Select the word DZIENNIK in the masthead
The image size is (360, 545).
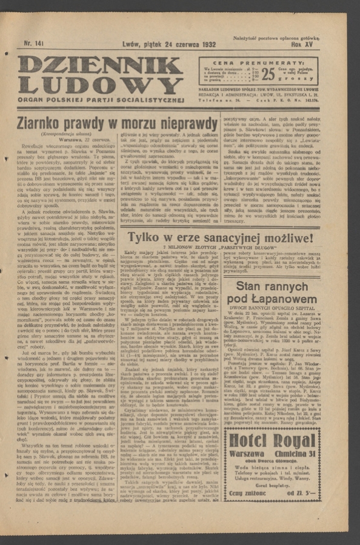[100, 64]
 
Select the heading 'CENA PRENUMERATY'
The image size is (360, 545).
[259, 62]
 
